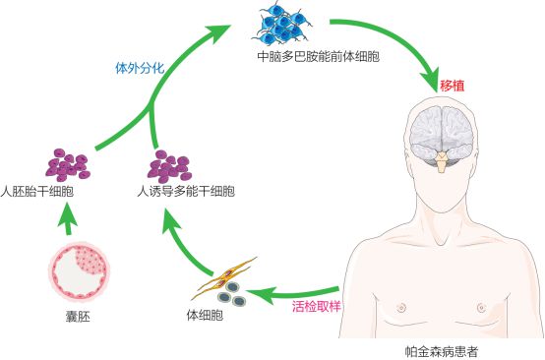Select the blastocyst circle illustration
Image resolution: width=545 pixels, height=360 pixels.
tap(78, 273)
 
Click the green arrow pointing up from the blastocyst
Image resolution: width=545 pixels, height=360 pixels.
tap(65, 223)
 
